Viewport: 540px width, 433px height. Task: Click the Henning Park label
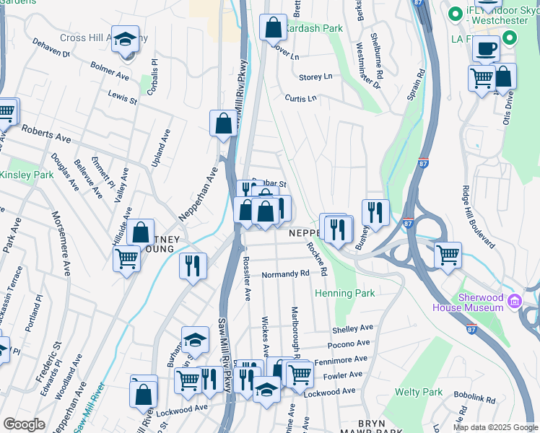click(344, 294)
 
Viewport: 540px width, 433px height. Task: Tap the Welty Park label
click(419, 392)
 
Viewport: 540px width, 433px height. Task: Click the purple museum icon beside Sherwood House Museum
click(514, 300)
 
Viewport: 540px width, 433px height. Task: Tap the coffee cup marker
click(486, 48)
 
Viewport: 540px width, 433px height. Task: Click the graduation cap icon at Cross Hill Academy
click(125, 38)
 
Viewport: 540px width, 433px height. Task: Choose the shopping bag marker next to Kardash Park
click(274, 28)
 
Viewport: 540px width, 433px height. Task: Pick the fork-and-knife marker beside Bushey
click(375, 212)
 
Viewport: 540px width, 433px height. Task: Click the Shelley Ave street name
click(352, 329)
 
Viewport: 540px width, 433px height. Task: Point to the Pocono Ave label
click(351, 344)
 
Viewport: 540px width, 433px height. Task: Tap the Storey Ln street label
click(315, 76)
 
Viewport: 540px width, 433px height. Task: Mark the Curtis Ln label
click(300, 98)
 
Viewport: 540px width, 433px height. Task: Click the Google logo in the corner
click(25, 424)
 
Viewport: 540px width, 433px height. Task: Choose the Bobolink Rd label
click(473, 397)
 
